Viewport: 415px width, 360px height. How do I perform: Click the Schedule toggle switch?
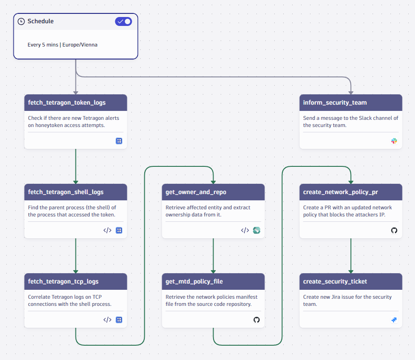point(123,21)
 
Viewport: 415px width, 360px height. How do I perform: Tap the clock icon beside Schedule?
point(21,21)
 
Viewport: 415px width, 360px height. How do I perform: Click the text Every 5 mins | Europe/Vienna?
point(63,45)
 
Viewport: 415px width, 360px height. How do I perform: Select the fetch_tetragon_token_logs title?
point(67,102)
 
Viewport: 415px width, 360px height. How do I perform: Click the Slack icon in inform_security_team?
point(394,141)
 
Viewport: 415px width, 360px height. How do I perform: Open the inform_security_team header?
point(335,102)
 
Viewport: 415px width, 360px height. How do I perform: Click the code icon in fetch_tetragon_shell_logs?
point(107,230)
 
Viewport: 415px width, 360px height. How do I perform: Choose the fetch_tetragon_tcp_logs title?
point(63,281)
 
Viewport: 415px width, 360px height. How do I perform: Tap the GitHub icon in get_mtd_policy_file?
point(256,320)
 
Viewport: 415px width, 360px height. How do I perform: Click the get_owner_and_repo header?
point(196,192)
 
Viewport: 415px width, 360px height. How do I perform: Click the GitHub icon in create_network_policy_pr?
point(394,230)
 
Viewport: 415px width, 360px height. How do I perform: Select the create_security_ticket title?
point(335,281)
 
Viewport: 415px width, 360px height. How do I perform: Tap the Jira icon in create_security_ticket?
point(394,320)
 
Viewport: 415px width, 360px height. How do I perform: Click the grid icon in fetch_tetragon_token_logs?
point(119,141)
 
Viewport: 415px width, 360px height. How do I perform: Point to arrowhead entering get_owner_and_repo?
point(213,182)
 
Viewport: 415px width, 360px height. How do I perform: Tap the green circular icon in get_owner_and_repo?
point(256,230)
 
